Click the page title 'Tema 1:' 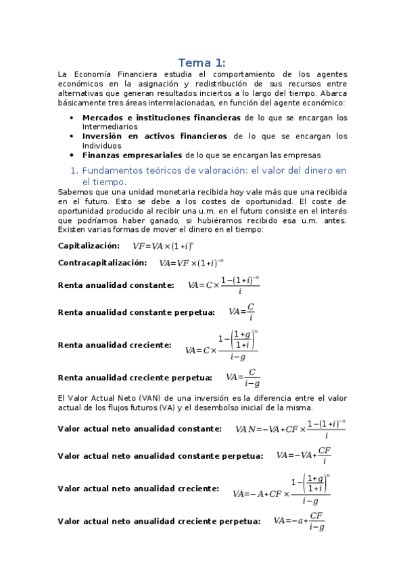click(202, 62)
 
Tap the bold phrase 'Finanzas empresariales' click(132, 154)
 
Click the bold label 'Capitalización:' click(89, 245)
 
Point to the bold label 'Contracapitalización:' click(102, 262)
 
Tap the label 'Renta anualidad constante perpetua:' click(137, 312)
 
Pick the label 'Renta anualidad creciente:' click(115, 345)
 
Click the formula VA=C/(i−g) click(243, 378)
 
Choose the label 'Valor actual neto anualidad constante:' click(139, 428)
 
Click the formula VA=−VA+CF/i click(304, 455)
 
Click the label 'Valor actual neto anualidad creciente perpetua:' click(159, 521)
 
